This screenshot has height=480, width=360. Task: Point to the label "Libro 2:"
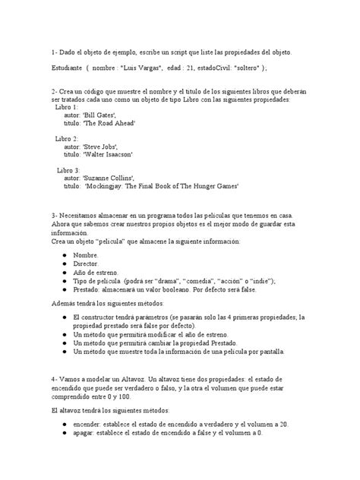pos(66,139)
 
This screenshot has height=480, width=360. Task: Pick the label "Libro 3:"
pos(68,170)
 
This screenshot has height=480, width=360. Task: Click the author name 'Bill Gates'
pos(115,115)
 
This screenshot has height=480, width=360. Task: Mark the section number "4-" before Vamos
pos(55,378)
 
